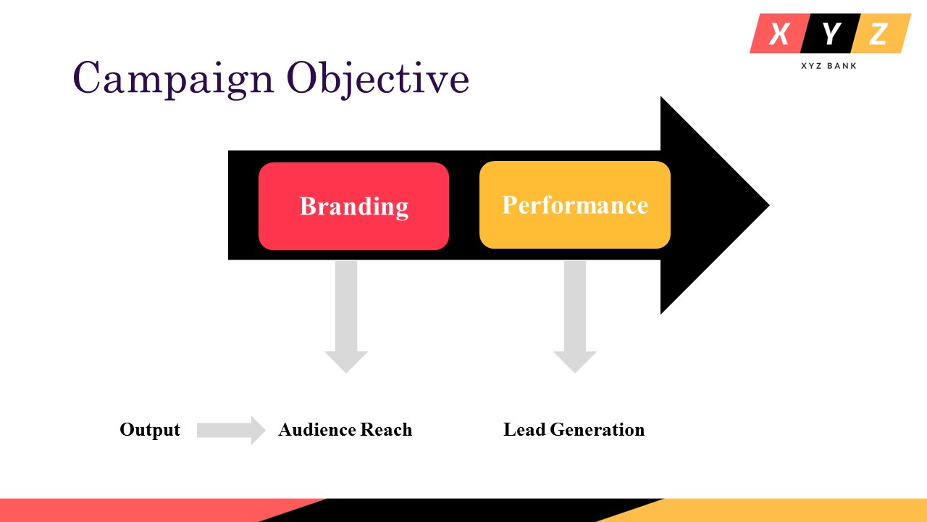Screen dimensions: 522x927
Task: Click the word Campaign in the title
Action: (173, 78)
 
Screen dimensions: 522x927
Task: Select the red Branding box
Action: (353, 206)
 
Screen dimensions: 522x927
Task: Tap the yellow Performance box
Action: (575, 205)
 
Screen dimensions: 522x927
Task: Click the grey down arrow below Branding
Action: (346, 319)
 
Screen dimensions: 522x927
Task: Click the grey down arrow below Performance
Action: (575, 319)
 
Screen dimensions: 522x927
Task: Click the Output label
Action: (150, 430)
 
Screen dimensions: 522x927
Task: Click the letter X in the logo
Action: (779, 33)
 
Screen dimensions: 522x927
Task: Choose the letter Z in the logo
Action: (878, 33)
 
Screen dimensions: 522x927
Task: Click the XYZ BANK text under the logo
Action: (829, 66)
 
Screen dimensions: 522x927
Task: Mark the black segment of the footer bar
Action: (463, 510)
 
